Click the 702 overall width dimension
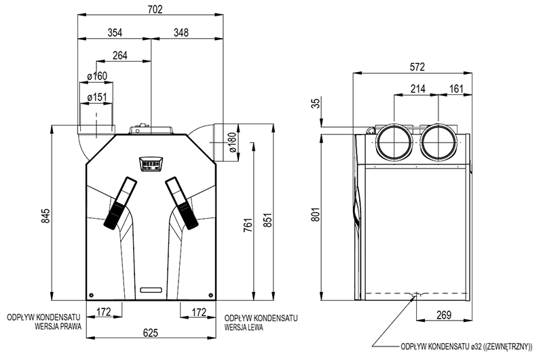(x=155, y=10)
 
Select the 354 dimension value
(x=115, y=33)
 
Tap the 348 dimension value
(x=181, y=33)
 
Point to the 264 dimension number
(x=120, y=56)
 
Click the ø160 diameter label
(x=97, y=76)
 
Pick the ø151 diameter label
(x=97, y=97)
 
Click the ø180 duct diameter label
(x=232, y=143)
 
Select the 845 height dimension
(x=45, y=215)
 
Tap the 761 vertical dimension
(x=248, y=225)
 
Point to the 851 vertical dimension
(x=267, y=219)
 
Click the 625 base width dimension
(x=151, y=333)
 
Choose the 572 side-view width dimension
(x=417, y=67)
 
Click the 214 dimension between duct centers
(x=418, y=89)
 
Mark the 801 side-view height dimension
(x=315, y=215)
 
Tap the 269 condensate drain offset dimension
(x=444, y=314)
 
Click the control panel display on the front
(x=151, y=164)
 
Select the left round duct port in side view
(x=394, y=143)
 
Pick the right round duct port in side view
(x=439, y=143)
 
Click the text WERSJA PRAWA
(x=58, y=327)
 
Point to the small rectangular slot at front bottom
(x=151, y=289)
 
